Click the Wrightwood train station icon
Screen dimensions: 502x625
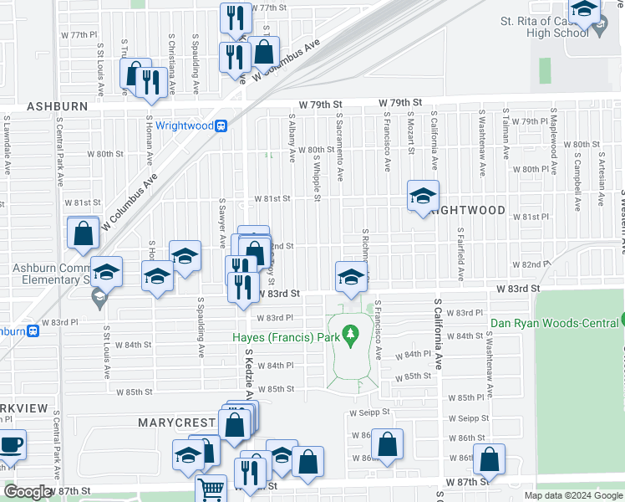(x=221, y=126)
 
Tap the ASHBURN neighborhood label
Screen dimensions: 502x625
(x=57, y=107)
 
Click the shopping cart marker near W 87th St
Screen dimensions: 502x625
(x=211, y=489)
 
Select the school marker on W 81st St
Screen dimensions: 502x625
(x=423, y=196)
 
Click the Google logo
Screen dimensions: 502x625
(x=28, y=492)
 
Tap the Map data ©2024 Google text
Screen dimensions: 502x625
(x=573, y=495)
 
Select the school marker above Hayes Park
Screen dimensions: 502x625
(x=351, y=277)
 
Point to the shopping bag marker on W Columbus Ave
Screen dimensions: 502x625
(x=264, y=51)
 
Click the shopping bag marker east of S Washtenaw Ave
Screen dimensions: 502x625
(x=489, y=458)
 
